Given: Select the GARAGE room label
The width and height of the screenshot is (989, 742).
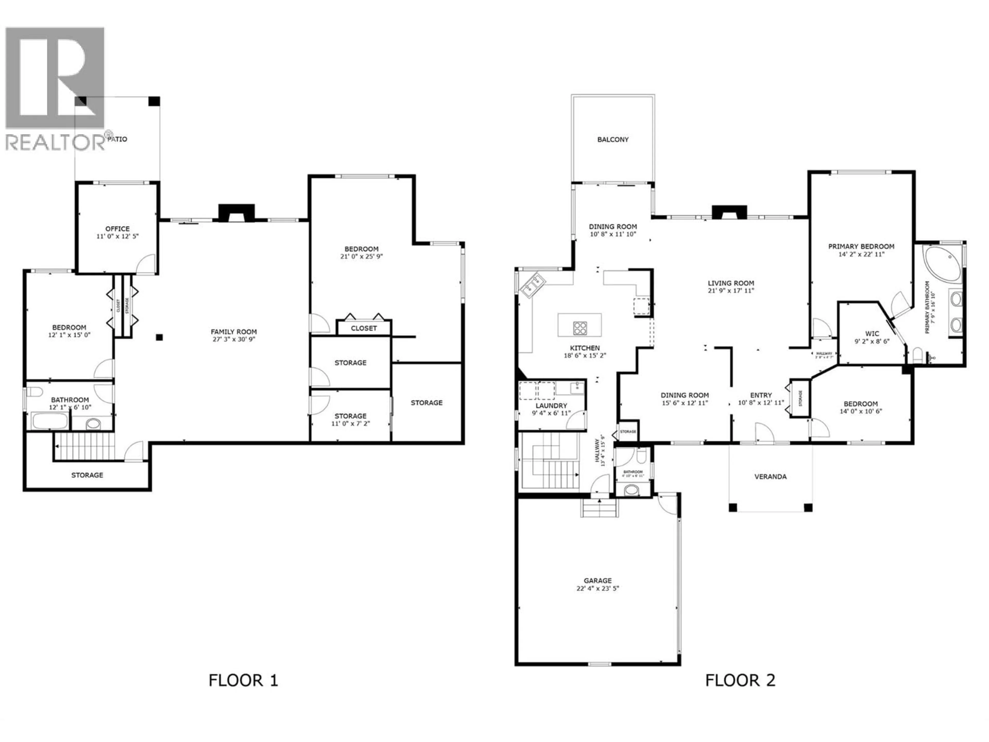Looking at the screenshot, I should click(597, 580).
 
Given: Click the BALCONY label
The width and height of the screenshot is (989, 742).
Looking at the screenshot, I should click(612, 140).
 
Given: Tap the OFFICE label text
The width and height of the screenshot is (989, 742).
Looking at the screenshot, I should click(118, 229).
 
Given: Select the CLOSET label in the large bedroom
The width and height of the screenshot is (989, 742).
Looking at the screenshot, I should click(363, 328).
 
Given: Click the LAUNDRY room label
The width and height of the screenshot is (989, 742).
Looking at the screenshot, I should click(551, 406).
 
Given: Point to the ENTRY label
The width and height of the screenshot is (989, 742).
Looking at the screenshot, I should click(761, 395).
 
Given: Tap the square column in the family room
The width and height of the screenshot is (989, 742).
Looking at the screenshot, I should click(159, 337).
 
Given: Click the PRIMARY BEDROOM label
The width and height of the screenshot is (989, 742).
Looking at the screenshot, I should click(861, 247).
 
